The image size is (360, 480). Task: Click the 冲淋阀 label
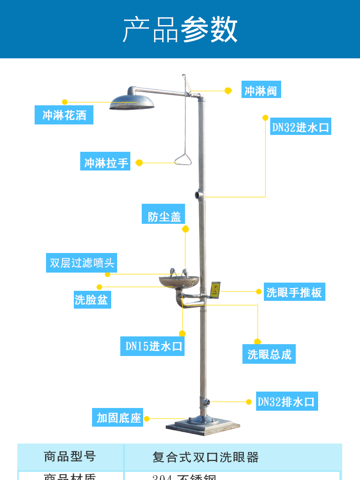[261, 90]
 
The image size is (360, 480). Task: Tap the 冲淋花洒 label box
[64, 115]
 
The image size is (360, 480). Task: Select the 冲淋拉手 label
[105, 162]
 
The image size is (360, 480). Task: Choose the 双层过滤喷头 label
[82, 263]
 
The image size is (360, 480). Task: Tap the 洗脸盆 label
[92, 299]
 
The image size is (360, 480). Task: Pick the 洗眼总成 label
[269, 354]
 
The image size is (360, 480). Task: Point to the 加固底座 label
[118, 418]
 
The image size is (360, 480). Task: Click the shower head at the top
[132, 102]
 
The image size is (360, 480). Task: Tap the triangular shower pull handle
[183, 159]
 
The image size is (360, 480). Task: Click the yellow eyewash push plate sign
[215, 290]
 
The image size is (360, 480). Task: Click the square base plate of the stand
[202, 427]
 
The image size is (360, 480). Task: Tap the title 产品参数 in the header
[180, 30]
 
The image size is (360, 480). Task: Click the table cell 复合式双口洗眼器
[206, 457]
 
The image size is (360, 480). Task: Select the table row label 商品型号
[70, 456]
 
